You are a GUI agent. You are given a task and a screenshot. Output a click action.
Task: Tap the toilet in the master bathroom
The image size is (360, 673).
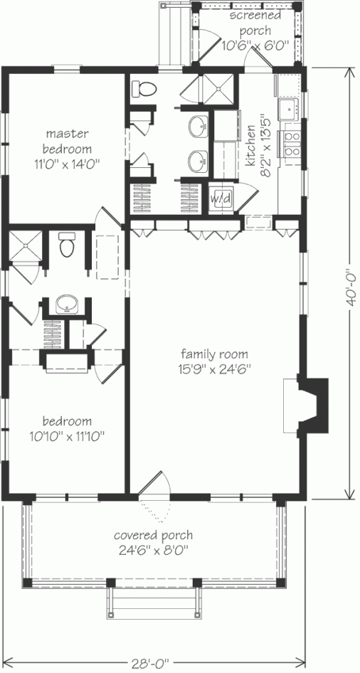pos(144,88)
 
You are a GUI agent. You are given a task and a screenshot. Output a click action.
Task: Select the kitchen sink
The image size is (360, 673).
pos(288,110)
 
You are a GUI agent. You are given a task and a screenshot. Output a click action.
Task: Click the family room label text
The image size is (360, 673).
pos(214,354)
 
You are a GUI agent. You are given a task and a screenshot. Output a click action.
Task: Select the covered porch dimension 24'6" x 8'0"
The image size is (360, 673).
pos(153,549)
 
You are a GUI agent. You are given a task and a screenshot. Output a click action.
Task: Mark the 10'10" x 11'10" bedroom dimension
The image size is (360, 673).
pos(68,437)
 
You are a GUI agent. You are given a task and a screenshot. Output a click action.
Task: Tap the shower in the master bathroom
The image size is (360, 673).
pos(219,89)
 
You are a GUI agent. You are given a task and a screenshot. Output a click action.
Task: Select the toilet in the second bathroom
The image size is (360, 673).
pos(66,245)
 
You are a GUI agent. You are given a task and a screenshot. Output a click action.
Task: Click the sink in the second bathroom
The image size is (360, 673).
pos(66,304)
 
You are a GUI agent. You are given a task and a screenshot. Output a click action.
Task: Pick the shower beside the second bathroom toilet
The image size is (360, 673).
pos(26,245)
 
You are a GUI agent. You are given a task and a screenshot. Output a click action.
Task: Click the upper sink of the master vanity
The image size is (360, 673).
pos(198,127)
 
